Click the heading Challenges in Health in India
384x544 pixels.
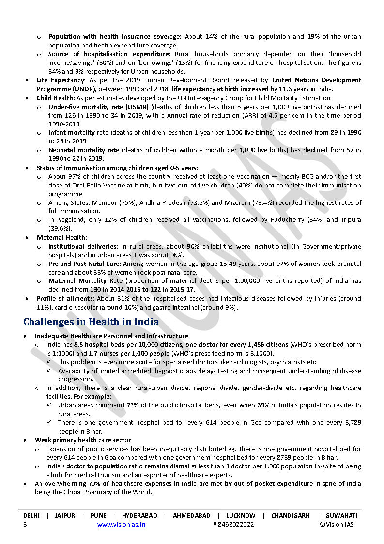91,322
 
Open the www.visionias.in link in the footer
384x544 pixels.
121,524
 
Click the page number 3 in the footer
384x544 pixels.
25,524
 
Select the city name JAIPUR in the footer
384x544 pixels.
65,516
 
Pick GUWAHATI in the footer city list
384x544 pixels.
341,516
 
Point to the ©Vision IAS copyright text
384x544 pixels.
337,524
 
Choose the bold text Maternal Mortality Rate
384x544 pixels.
86,281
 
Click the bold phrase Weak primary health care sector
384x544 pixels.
83,440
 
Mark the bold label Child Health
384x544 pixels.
54,98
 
